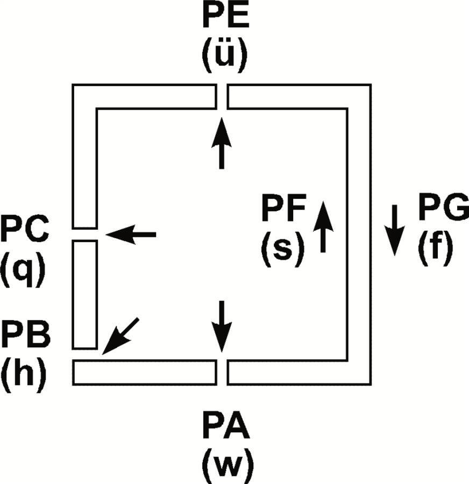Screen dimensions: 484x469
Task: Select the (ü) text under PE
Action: pyautogui.click(x=225, y=56)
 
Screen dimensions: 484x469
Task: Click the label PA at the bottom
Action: pyautogui.click(x=226, y=428)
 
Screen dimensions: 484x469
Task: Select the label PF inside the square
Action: pyautogui.click(x=283, y=210)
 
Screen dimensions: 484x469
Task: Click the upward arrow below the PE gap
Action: pyautogui.click(x=221, y=143)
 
